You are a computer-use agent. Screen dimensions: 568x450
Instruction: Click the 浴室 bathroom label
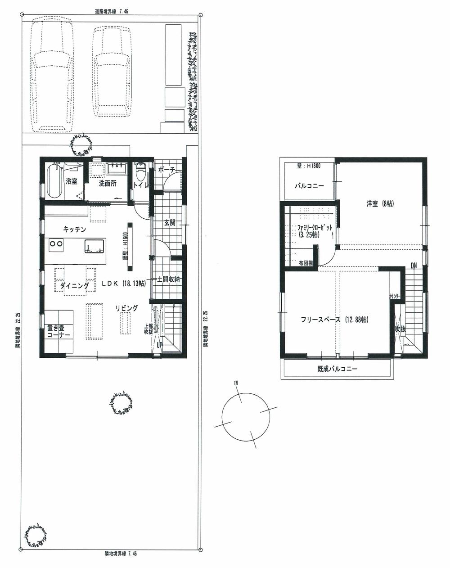pos(72,182)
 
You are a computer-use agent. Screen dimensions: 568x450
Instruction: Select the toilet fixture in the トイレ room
pos(140,171)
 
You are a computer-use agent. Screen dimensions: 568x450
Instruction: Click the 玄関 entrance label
pos(169,222)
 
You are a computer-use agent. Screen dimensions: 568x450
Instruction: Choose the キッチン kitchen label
pos(74,229)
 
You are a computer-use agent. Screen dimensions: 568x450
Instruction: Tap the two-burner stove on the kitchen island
pos(57,244)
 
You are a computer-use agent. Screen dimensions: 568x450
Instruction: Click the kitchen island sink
pos(94,246)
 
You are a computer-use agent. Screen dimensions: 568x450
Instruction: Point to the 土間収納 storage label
pos(168,279)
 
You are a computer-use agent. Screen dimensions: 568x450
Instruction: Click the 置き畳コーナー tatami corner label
pos(58,332)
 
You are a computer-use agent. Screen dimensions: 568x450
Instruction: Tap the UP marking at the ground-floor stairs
pos(159,345)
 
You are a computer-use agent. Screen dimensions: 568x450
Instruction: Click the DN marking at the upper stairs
pos(413,266)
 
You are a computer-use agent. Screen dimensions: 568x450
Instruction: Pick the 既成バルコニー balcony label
pos(337,369)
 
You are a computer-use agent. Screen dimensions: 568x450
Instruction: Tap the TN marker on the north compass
pos(236,383)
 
